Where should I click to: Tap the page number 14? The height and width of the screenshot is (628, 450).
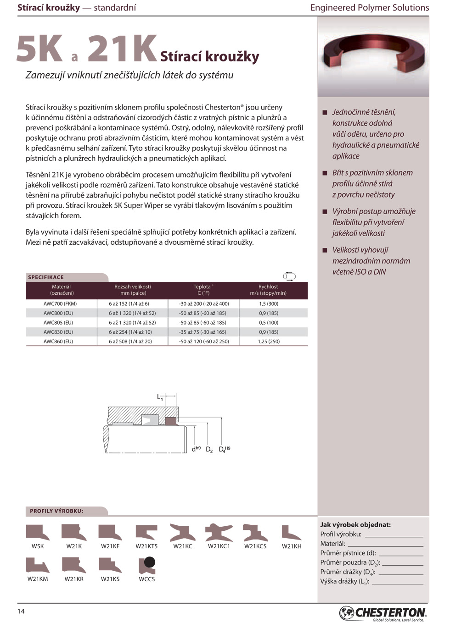[21, 611]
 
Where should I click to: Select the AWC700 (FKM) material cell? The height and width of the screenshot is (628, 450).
[60, 304]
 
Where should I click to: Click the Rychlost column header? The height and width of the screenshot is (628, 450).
[268, 290]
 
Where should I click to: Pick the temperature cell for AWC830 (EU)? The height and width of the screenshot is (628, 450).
[204, 332]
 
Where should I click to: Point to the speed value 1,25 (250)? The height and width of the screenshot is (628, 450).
[269, 342]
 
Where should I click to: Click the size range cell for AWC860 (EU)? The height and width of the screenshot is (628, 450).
[130, 342]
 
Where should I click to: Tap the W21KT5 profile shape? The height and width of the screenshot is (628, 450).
[146, 533]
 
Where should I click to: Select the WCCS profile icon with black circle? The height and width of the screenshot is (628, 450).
[147, 565]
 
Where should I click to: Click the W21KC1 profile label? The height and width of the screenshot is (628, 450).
[219, 546]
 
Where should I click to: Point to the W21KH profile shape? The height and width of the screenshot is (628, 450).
[291, 533]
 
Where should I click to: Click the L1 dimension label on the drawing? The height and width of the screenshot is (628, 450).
[160, 398]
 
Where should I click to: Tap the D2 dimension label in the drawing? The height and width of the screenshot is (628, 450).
[209, 450]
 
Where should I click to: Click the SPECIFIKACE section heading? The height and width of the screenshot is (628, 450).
[46, 277]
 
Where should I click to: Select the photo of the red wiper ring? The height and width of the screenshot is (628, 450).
[373, 57]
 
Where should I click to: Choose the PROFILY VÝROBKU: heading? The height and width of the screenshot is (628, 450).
[56, 511]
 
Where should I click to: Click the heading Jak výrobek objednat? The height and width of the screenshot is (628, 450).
[355, 525]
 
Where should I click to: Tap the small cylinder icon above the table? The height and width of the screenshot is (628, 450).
[289, 276]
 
